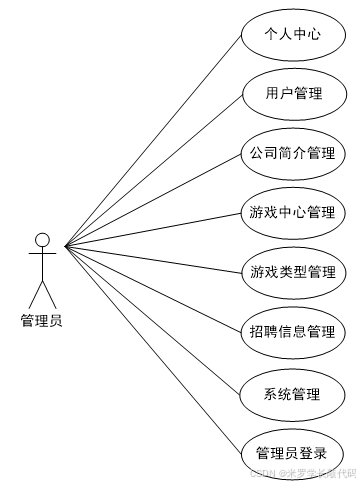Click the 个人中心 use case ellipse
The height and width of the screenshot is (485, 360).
pyautogui.click(x=293, y=35)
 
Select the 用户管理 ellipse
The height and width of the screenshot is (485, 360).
pyautogui.click(x=293, y=94)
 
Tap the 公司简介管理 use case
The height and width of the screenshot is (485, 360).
pyautogui.click(x=293, y=153)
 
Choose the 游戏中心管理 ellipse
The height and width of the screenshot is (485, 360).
pyautogui.click(x=293, y=212)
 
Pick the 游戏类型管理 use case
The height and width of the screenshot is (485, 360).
pyautogui.click(x=293, y=271)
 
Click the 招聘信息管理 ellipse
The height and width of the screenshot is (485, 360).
pyautogui.click(x=293, y=330)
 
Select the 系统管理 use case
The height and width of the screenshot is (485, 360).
pyautogui.click(x=293, y=392)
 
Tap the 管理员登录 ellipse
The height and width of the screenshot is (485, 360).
pyautogui.click(x=293, y=451)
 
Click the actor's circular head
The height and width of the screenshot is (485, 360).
pyautogui.click(x=42, y=240)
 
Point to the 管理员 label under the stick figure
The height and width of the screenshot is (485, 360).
pyautogui.click(x=42, y=320)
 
